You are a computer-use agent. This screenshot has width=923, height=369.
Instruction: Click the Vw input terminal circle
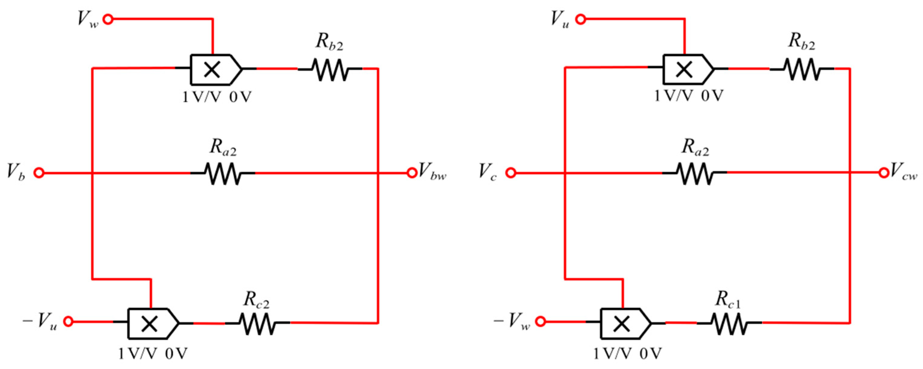(108, 19)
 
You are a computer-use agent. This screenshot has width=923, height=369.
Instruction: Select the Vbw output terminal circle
(411, 173)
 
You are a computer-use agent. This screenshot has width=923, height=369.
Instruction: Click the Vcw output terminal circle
(884, 173)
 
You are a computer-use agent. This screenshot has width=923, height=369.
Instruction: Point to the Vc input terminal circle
(511, 173)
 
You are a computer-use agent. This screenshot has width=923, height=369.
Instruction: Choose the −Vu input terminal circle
(68, 322)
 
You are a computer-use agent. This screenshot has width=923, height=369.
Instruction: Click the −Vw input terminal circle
(541, 322)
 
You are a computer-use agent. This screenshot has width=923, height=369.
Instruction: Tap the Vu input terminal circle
(581, 19)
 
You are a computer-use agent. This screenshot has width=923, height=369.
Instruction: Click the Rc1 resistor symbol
(729, 323)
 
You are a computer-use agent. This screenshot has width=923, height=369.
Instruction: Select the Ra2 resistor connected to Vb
(223, 173)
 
